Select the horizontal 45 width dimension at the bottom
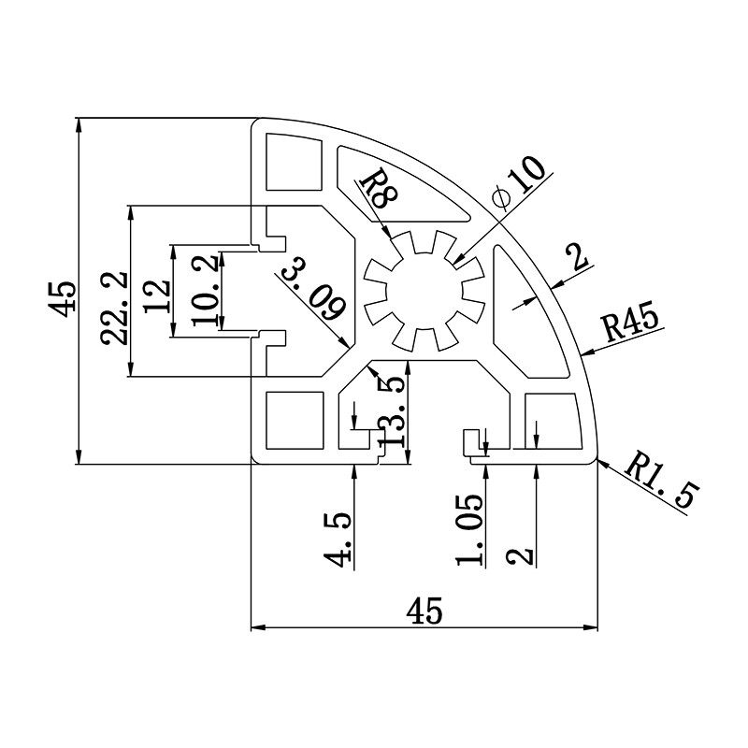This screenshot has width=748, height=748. [x=424, y=611]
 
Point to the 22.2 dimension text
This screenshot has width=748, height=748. [x=114, y=309]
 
